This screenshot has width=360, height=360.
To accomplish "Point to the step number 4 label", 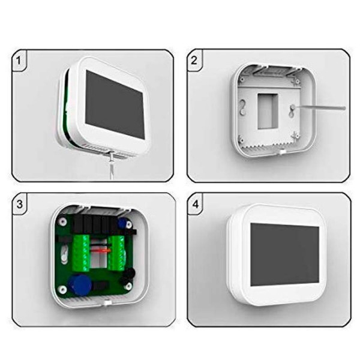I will point(194,202).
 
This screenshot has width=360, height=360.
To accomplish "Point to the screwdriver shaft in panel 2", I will point(321,108).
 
